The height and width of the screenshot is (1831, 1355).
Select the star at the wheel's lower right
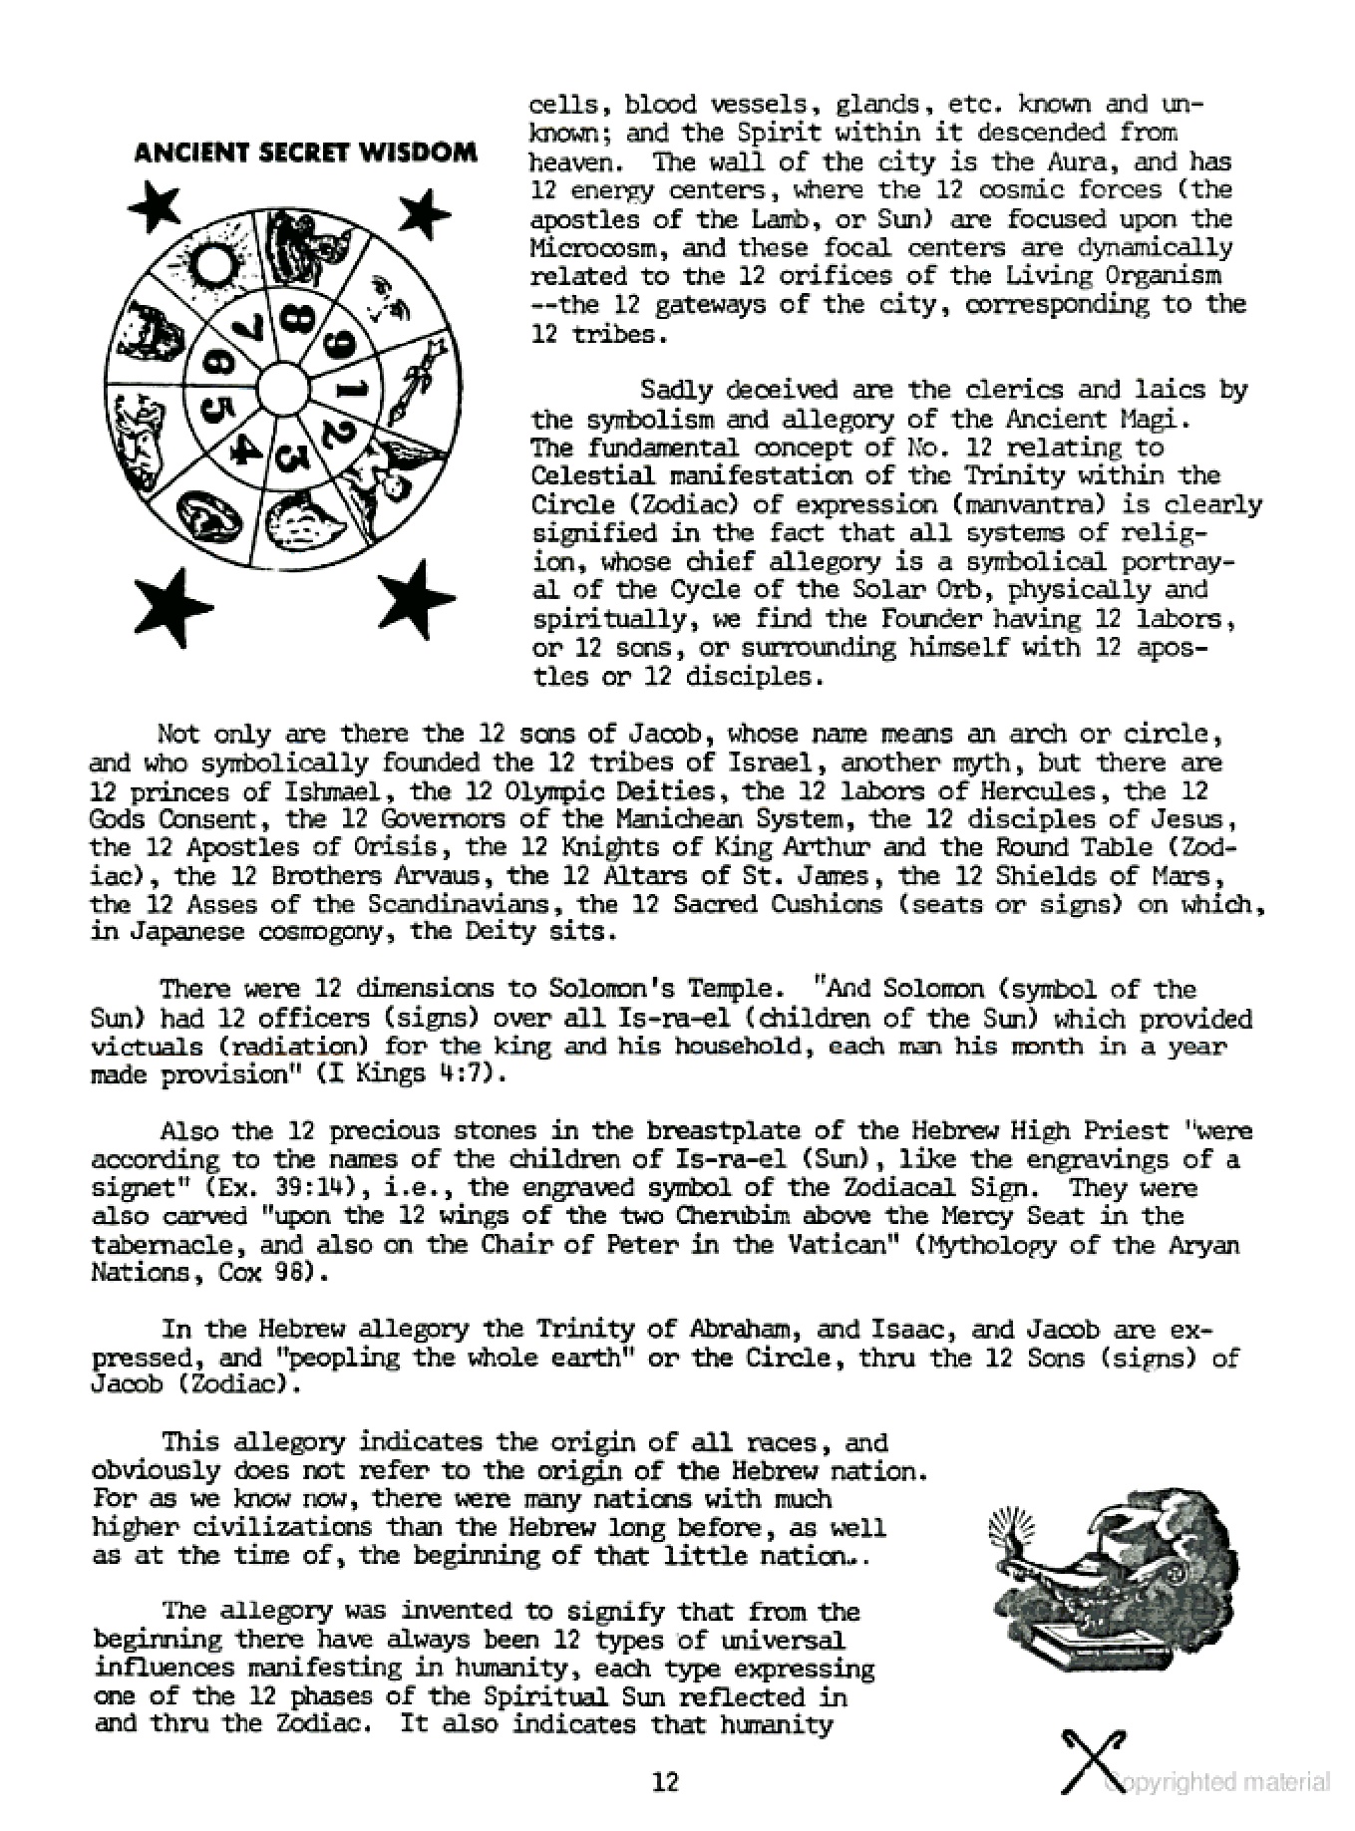tap(417, 600)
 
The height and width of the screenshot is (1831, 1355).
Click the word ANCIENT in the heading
tap(182, 153)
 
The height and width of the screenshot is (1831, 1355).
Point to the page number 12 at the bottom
tap(665, 1781)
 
